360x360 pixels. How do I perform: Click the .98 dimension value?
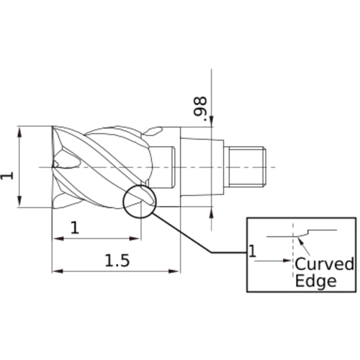(x=200, y=109)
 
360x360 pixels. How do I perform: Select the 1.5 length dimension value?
(x=117, y=261)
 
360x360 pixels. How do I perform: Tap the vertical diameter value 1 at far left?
(x=6, y=176)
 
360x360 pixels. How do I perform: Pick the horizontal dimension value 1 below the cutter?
(x=75, y=228)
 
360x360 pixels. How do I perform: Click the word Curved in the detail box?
(x=324, y=264)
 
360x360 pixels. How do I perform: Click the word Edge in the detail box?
(x=315, y=281)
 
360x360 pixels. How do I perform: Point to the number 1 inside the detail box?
(x=252, y=251)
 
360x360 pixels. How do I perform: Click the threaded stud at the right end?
(x=247, y=167)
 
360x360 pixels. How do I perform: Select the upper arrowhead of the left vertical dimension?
(x=19, y=132)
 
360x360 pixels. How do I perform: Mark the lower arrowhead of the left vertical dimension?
(x=19, y=201)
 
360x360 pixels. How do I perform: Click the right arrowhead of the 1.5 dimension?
(x=174, y=271)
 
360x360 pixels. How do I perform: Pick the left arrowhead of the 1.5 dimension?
(x=58, y=271)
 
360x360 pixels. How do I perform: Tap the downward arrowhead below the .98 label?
(x=212, y=121)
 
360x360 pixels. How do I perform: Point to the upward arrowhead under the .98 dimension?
(x=212, y=212)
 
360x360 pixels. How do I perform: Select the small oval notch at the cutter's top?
(x=153, y=131)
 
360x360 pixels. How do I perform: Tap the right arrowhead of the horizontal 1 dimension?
(x=134, y=238)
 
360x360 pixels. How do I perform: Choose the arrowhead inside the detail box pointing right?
(x=287, y=261)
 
